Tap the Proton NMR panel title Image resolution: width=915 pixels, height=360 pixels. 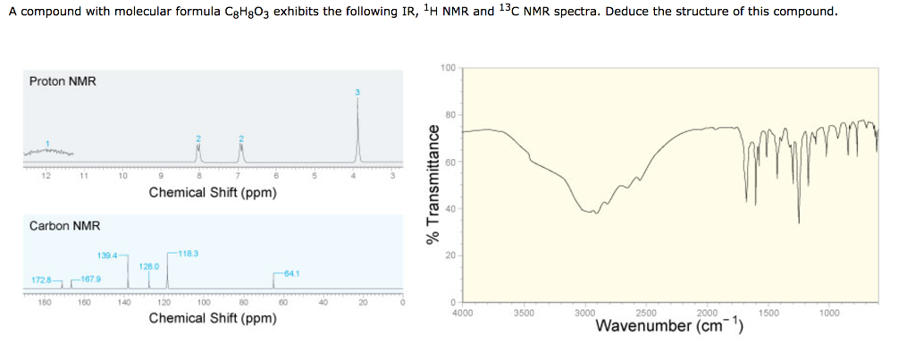[x=63, y=81]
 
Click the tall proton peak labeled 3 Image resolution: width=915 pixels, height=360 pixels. [x=357, y=125]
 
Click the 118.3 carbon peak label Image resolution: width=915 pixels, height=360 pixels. [x=189, y=255]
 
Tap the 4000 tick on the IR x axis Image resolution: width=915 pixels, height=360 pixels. [x=463, y=314]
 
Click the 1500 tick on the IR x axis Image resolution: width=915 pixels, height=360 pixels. [x=768, y=314]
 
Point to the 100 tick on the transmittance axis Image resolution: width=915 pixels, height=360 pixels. [x=448, y=68]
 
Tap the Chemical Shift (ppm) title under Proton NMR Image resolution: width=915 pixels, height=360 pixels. [x=213, y=192]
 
